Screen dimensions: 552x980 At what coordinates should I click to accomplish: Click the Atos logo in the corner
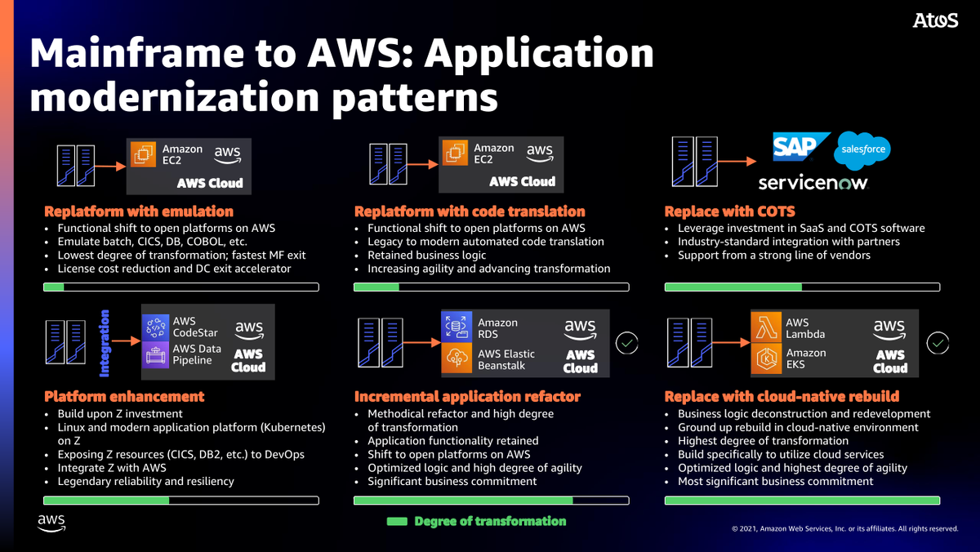935,21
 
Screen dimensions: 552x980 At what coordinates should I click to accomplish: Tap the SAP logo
801,147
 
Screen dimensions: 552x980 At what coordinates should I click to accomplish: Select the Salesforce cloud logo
862,149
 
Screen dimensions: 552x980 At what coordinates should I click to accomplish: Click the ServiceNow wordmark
813,181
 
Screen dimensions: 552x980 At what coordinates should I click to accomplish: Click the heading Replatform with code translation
470,211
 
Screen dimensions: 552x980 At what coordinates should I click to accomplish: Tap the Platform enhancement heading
124,396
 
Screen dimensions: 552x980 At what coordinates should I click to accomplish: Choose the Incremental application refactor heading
467,396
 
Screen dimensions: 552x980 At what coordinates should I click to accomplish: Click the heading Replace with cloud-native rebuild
782,396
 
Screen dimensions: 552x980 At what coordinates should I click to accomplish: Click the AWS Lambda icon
767,327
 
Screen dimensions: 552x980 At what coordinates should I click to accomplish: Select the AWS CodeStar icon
155,327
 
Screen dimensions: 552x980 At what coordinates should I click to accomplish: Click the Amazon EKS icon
767,359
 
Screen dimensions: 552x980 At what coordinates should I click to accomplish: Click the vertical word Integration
105,343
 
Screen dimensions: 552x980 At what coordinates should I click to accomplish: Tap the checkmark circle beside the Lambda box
938,343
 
